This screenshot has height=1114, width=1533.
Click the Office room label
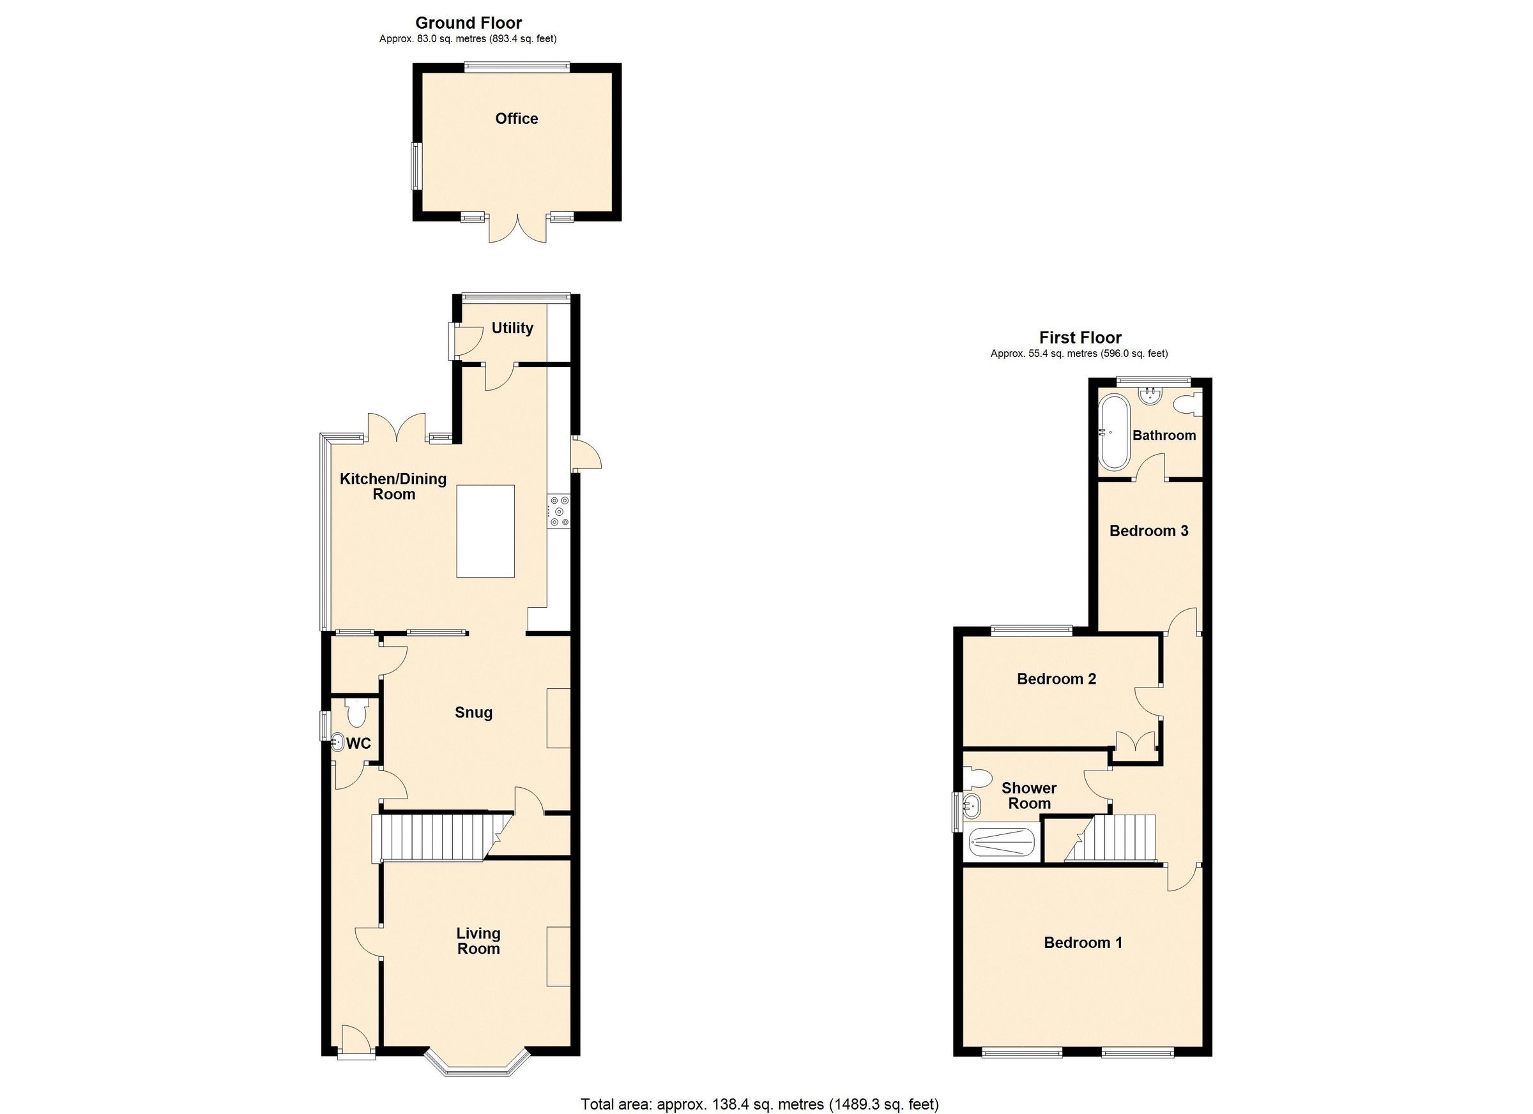point(516,119)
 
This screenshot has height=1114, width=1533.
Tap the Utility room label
point(512,328)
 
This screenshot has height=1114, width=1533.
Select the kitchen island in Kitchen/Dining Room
point(485,531)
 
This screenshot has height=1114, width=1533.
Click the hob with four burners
point(559,511)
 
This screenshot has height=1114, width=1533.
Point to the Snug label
point(473,712)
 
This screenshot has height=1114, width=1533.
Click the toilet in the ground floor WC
point(356,712)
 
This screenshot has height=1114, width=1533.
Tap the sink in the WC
point(338,743)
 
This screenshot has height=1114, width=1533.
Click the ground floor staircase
point(432,838)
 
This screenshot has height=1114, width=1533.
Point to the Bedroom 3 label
point(1148,531)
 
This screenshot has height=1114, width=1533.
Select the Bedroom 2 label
point(1056,679)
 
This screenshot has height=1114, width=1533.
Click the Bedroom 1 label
point(1083,942)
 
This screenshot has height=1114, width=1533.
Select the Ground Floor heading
point(468,23)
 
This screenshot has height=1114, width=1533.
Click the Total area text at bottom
point(759,1104)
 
